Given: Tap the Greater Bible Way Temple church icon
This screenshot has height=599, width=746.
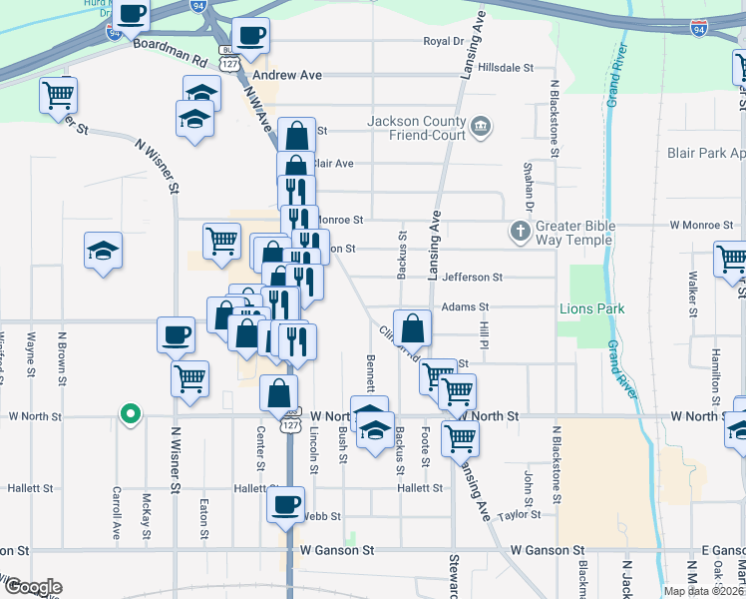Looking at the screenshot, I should coord(520,232).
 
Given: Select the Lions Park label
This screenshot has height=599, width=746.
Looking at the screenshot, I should coord(591,308).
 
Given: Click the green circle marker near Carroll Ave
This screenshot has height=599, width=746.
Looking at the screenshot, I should coord(129,412).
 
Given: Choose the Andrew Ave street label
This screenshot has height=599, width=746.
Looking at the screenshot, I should coord(287,75).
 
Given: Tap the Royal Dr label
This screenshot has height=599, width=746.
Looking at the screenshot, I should coord(444,42).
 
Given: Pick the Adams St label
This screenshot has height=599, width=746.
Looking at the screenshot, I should coord(465,307).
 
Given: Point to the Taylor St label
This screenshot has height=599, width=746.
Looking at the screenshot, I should coord(520,515).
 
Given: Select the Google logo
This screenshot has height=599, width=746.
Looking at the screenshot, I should coord(32,587).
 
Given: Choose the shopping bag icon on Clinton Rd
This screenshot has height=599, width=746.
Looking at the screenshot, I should coord(412,327).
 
